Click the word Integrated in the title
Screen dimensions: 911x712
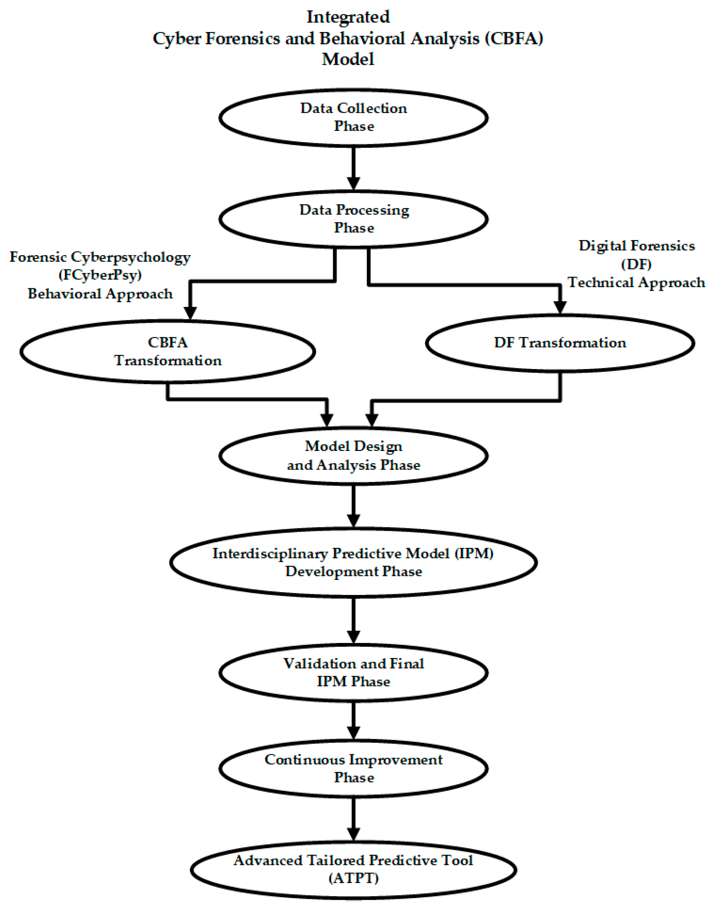pyautogui.click(x=348, y=17)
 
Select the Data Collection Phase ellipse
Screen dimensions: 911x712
pyautogui.click(x=353, y=118)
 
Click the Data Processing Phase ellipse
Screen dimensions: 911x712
pyautogui.click(x=353, y=219)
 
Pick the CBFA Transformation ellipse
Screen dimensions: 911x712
pyautogui.click(x=168, y=352)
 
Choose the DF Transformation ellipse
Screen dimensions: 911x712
pyautogui.click(x=560, y=343)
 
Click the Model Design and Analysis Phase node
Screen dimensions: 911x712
pyautogui.click(x=353, y=455)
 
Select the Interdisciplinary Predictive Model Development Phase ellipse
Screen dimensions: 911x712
pyautogui.click(x=353, y=562)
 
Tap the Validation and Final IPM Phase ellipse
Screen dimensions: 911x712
pyautogui.click(x=353, y=672)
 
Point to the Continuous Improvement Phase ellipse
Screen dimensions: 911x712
pyautogui.click(x=353, y=768)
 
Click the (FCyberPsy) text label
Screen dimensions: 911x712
pyautogui.click(x=100, y=275)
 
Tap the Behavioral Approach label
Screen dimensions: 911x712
pyautogui.click(x=100, y=294)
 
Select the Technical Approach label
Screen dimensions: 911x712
pyautogui.click(x=636, y=282)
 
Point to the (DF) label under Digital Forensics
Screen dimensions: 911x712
pyautogui.click(x=636, y=264)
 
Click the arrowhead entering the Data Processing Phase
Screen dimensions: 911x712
pyautogui.click(x=353, y=184)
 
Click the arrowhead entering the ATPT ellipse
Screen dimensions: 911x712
pyautogui.click(x=353, y=835)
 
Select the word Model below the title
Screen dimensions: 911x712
pyautogui.click(x=348, y=59)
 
